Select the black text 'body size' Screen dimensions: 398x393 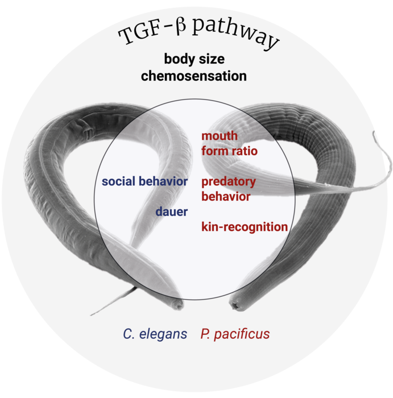[x=197, y=60]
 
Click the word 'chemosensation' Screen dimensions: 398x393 [x=197, y=76]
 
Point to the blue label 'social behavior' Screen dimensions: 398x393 [x=144, y=182]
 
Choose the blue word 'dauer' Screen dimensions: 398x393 [x=172, y=212]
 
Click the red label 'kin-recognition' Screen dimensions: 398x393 [x=244, y=227]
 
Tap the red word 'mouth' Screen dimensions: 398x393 [x=219, y=136]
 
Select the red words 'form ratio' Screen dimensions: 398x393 [x=229, y=151]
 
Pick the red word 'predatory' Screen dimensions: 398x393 [x=228, y=182]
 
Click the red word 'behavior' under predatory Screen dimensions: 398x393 [x=225, y=197]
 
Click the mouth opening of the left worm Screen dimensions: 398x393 [x=180, y=305]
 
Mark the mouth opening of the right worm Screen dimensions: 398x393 [x=233, y=305]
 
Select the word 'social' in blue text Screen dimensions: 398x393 [x=118, y=182]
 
